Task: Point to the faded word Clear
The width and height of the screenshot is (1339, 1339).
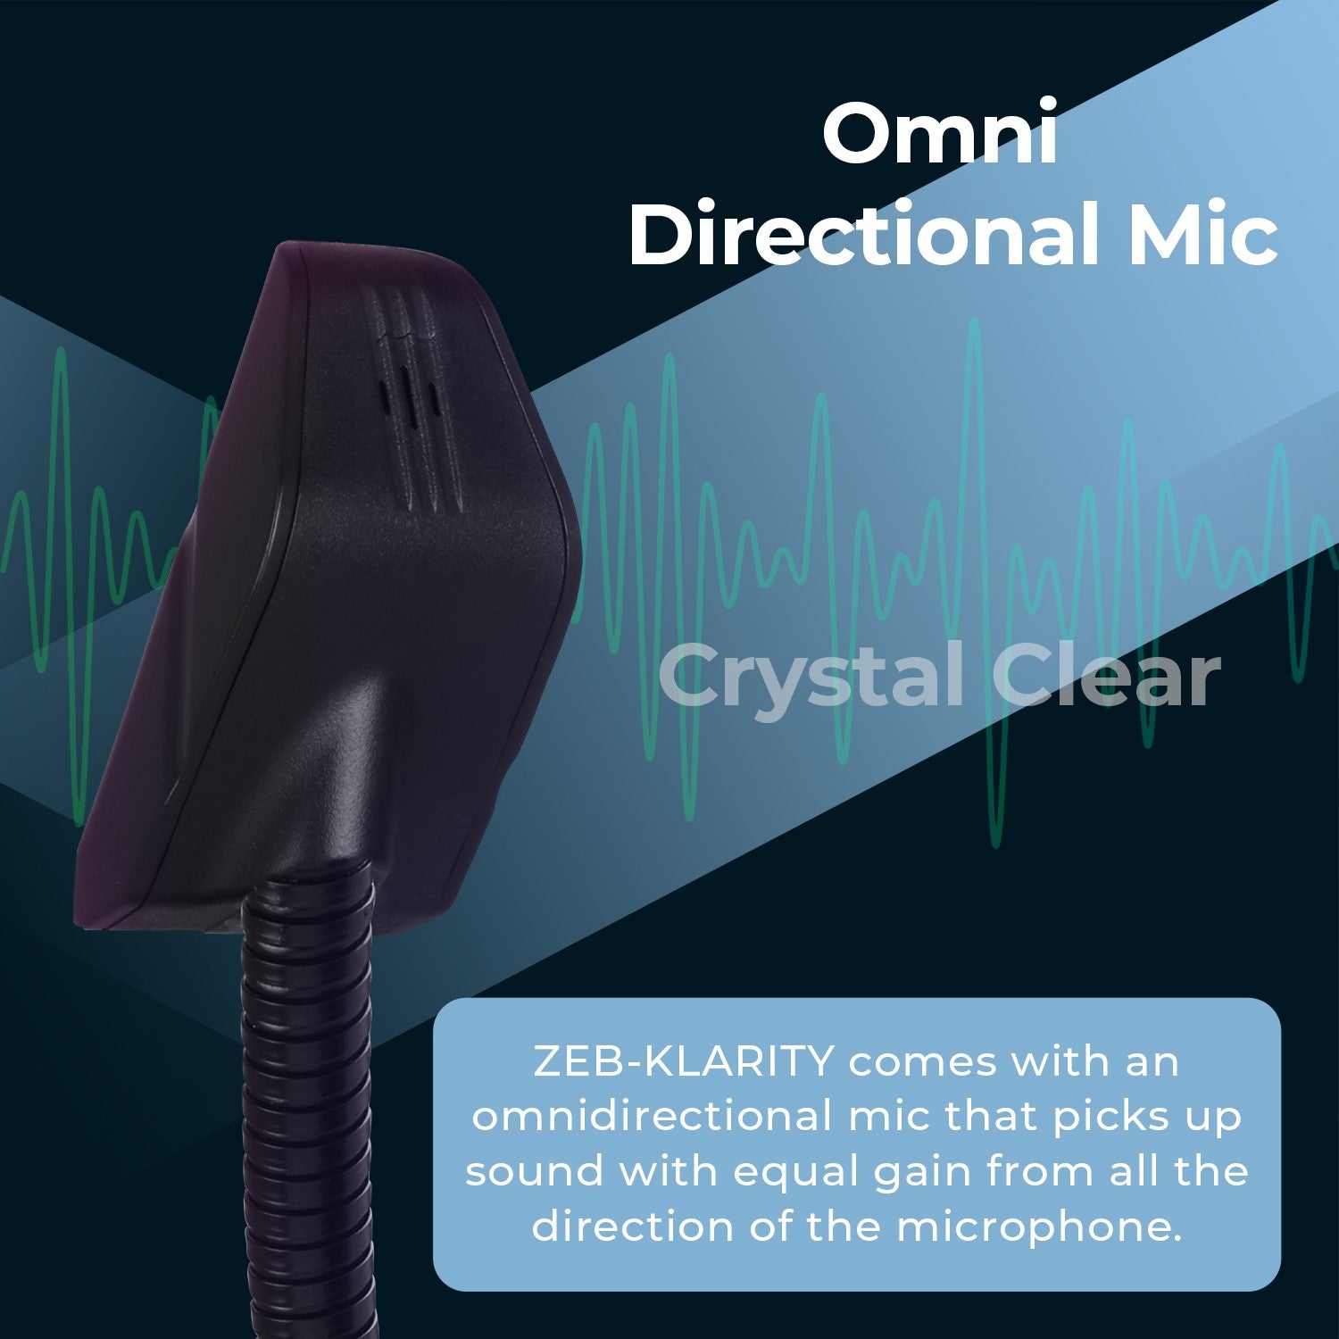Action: [x=1105, y=676]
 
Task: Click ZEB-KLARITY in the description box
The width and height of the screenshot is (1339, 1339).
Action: [x=683, y=1062]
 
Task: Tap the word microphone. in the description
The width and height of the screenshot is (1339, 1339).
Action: [x=1039, y=1228]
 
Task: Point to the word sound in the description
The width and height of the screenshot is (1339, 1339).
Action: [x=534, y=1172]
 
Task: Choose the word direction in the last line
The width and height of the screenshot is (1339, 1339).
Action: [x=633, y=1227]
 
